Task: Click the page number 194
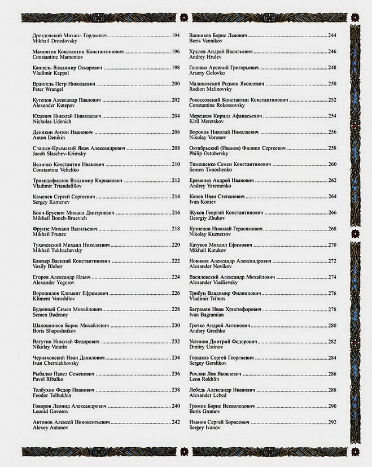click(176, 36)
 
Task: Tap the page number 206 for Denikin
click(176, 132)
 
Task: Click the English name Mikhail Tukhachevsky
click(58, 250)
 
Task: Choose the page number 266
click(332, 212)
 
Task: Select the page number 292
click(332, 422)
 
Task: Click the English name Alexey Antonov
click(51, 427)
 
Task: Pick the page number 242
click(176, 422)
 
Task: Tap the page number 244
click(332, 36)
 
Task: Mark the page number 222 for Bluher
click(176, 261)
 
